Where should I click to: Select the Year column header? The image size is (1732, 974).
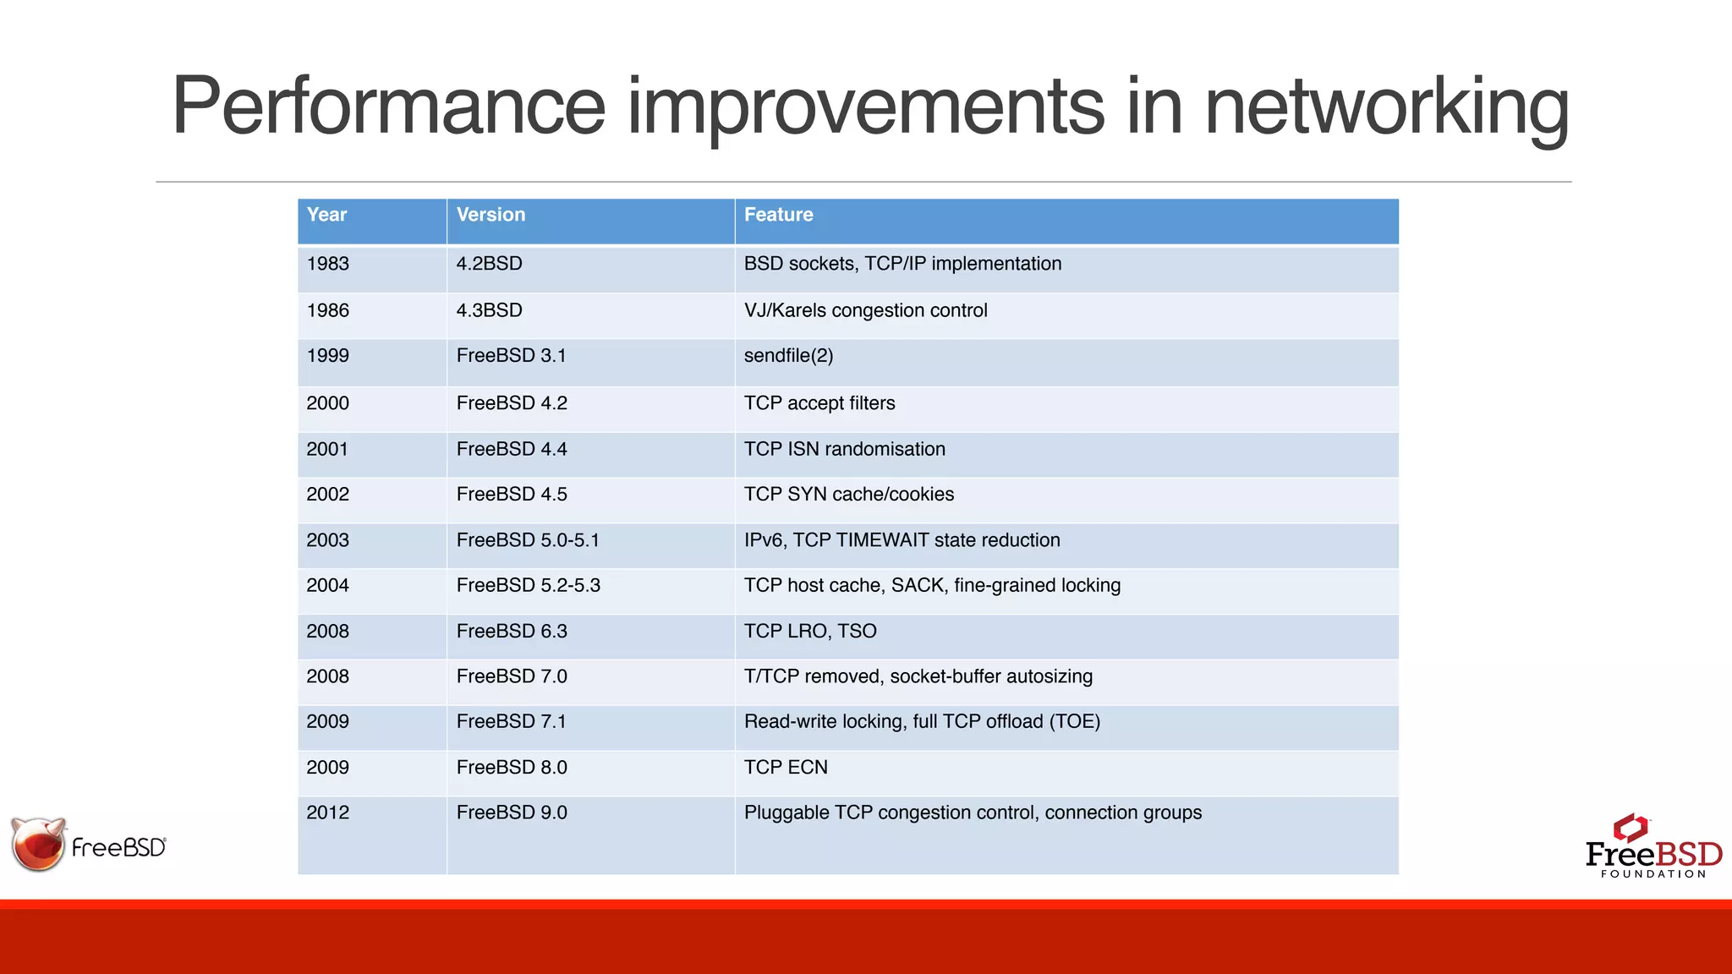click(326, 215)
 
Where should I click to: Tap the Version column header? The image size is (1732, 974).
click(491, 215)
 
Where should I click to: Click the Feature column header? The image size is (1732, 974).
click(778, 215)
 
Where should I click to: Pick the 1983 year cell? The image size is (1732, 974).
click(328, 264)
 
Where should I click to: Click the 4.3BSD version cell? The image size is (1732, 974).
click(489, 310)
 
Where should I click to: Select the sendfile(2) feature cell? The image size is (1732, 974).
click(788, 356)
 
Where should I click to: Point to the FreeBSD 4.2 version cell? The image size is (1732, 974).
click(512, 403)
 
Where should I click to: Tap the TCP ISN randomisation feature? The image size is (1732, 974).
click(844, 449)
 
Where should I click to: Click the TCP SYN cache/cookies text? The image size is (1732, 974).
click(848, 495)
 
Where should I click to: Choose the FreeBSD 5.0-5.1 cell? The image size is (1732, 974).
click(528, 540)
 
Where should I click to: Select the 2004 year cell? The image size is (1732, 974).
click(328, 585)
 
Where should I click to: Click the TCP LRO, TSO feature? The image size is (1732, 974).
click(809, 631)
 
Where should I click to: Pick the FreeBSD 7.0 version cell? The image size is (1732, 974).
click(512, 676)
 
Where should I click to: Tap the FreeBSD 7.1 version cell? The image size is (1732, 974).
click(512, 721)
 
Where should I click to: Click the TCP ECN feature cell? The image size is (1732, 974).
click(786, 767)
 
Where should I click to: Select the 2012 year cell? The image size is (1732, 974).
click(328, 813)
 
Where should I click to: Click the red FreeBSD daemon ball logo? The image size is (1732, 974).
click(38, 845)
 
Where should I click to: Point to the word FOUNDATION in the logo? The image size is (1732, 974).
click(1653, 874)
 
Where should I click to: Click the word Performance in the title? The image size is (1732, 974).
click(388, 107)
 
